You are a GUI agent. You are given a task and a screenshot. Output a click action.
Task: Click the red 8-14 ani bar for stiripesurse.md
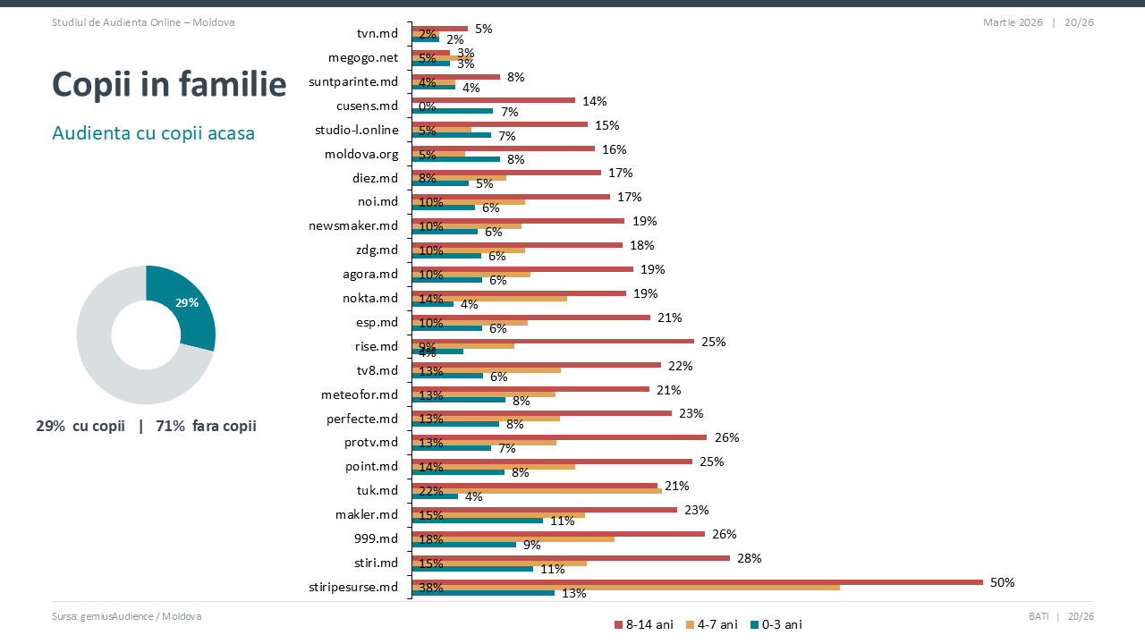(698, 581)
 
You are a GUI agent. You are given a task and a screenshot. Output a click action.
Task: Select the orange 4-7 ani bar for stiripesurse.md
(626, 587)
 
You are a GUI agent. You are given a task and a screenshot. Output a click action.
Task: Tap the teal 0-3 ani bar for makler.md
(478, 520)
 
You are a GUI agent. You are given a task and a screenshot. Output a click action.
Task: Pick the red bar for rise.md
(553, 341)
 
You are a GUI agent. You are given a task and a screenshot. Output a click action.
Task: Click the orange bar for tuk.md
(537, 490)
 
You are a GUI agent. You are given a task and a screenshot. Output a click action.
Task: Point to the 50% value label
(1002, 582)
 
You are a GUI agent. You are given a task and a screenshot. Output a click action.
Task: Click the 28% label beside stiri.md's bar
(749, 558)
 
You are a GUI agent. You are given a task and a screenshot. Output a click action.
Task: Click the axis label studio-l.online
(356, 130)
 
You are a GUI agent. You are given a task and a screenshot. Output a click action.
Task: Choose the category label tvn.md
(377, 34)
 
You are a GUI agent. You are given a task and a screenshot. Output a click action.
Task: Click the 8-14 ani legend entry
(644, 624)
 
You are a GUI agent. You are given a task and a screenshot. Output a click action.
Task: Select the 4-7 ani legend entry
(712, 624)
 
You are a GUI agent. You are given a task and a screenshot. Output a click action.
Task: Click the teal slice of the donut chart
(190, 301)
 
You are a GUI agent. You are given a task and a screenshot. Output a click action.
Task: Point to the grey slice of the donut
(107, 358)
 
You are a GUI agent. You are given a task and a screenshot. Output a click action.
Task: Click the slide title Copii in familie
(169, 84)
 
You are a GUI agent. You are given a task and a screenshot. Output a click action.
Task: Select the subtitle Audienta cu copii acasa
(153, 133)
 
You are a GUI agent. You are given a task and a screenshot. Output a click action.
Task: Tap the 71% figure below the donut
(170, 426)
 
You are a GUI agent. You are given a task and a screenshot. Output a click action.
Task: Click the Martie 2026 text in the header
(1013, 22)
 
